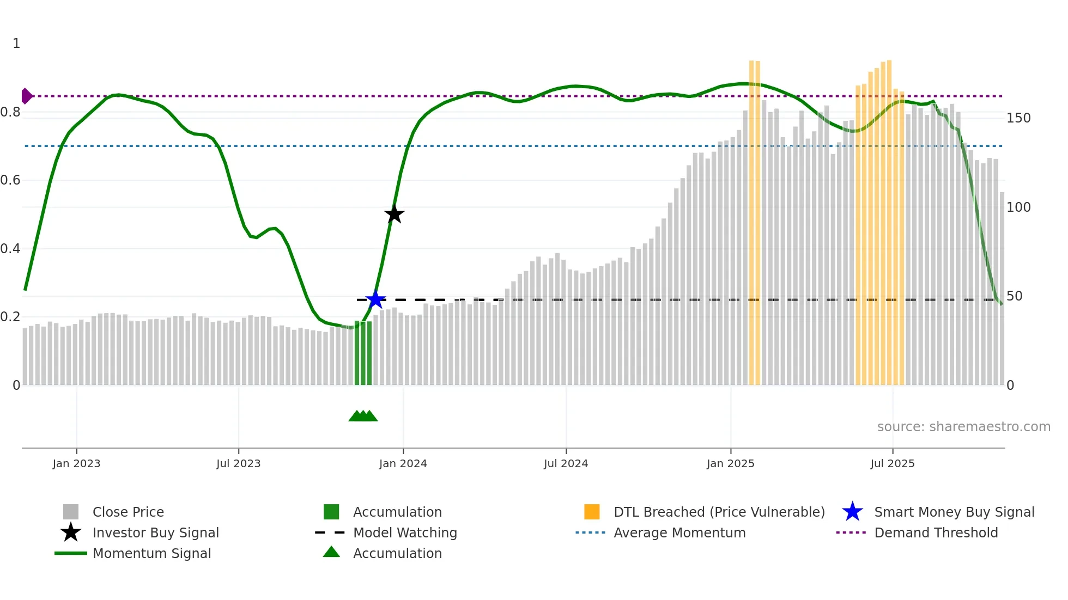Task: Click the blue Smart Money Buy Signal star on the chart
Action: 375,299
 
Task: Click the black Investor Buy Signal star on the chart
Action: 394,214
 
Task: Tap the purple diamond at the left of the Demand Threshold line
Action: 26,96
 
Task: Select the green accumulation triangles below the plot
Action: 363,416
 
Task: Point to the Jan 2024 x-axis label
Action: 403,463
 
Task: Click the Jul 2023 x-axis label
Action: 238,463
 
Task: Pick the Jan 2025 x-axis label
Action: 730,463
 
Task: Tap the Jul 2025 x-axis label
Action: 892,463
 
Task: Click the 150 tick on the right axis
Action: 1018,118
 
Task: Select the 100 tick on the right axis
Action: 1018,207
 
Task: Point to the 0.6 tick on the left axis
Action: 10,180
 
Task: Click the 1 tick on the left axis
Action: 16,44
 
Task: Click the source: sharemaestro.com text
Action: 963,427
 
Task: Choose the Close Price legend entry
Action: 128,512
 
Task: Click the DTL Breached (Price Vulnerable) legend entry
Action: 719,512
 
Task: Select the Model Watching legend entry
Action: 404,532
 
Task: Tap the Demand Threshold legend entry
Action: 936,532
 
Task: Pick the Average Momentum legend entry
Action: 679,532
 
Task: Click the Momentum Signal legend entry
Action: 151,553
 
